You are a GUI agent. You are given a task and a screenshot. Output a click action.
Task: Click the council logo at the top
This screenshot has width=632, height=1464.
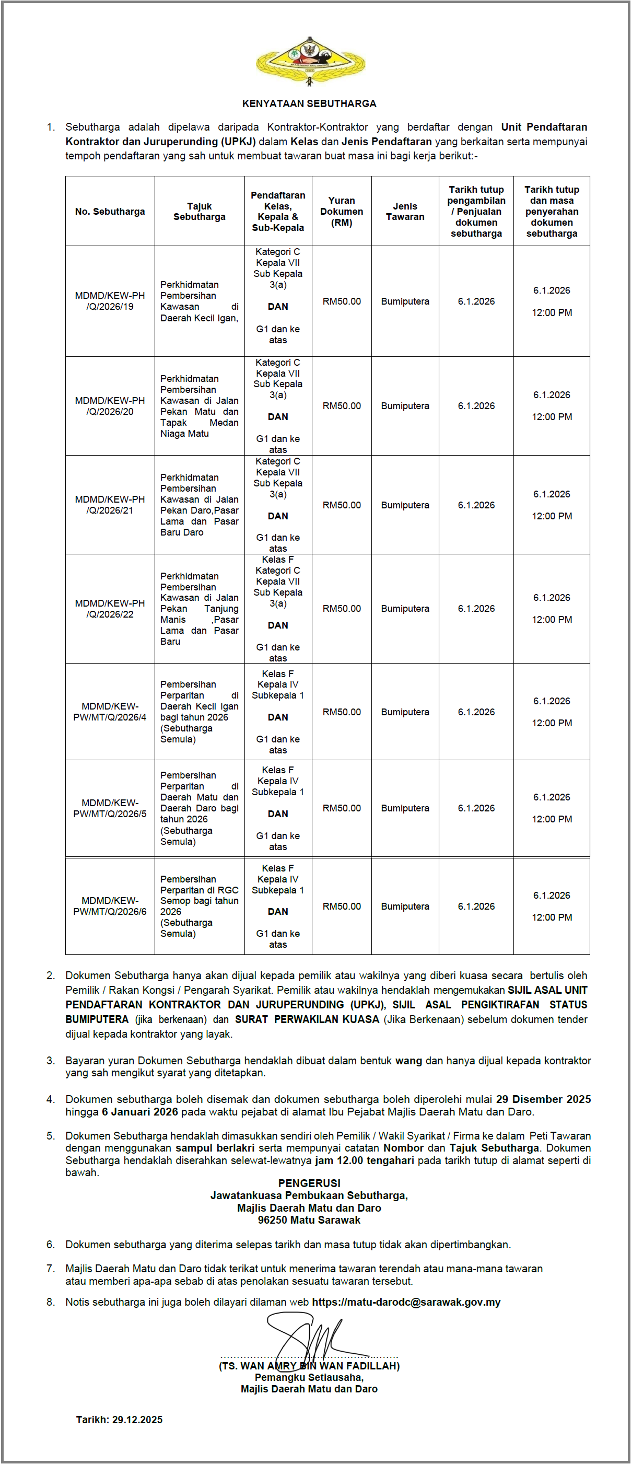(x=309, y=60)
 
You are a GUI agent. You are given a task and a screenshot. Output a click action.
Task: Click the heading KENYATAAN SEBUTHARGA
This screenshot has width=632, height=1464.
(x=309, y=103)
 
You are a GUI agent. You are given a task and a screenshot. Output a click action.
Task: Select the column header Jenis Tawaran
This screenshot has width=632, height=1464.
(x=405, y=212)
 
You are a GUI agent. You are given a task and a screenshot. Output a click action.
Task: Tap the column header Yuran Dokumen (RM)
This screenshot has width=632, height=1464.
(x=341, y=212)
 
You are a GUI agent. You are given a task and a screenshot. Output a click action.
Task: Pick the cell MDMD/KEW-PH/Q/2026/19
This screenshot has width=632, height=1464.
(x=110, y=301)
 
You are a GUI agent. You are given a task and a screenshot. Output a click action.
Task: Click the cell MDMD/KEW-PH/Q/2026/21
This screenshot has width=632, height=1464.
(x=110, y=505)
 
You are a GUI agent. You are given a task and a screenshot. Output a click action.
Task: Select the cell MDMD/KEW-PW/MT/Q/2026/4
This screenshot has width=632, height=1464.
(x=110, y=712)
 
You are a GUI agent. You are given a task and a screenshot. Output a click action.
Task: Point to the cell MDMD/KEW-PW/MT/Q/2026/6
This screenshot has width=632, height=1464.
(x=110, y=906)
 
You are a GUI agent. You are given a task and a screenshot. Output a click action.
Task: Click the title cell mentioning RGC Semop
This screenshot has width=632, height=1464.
(x=199, y=906)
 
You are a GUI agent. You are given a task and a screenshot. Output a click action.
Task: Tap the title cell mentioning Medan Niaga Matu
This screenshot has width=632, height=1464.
(x=199, y=406)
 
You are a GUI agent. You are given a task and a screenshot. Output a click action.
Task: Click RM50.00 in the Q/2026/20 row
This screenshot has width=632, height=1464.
(x=341, y=406)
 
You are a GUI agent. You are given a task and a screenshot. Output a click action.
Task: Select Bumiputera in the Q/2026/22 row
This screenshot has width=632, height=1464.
(x=405, y=609)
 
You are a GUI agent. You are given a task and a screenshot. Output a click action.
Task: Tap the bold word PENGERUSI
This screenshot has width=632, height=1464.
(x=309, y=1183)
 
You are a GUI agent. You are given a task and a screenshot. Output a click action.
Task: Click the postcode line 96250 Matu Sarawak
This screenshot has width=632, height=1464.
(x=309, y=1220)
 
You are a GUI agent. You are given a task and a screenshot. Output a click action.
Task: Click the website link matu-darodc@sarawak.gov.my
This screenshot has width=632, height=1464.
(x=406, y=1302)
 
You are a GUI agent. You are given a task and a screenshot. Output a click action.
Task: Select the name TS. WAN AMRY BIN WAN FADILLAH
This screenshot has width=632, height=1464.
(x=309, y=1366)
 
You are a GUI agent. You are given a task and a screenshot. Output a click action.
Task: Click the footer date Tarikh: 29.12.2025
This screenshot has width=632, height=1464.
(x=120, y=1420)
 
